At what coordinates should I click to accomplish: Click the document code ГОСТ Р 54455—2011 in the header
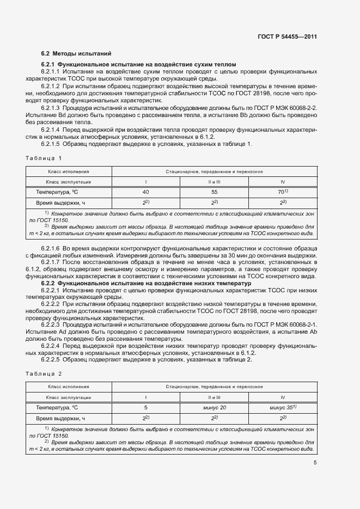pos(288,37)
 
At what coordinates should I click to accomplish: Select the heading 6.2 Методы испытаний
pos(76,54)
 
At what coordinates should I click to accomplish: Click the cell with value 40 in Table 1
pos(145,192)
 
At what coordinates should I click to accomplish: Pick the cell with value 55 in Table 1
pos(213,192)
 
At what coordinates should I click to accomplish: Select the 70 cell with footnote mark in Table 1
pos(282,192)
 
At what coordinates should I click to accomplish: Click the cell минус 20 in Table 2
pos(213,407)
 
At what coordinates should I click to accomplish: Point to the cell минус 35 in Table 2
pos(282,407)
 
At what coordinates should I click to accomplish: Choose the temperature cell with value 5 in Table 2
pos(145,407)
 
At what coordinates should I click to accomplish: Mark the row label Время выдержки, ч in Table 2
pos(61,418)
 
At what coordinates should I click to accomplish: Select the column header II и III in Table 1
pos(213,181)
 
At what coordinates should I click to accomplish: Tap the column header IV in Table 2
pos(282,397)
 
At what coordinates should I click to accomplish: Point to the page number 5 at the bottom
pos(315,463)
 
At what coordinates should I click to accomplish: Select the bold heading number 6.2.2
pos(48,284)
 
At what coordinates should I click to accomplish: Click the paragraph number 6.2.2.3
pos(51,324)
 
